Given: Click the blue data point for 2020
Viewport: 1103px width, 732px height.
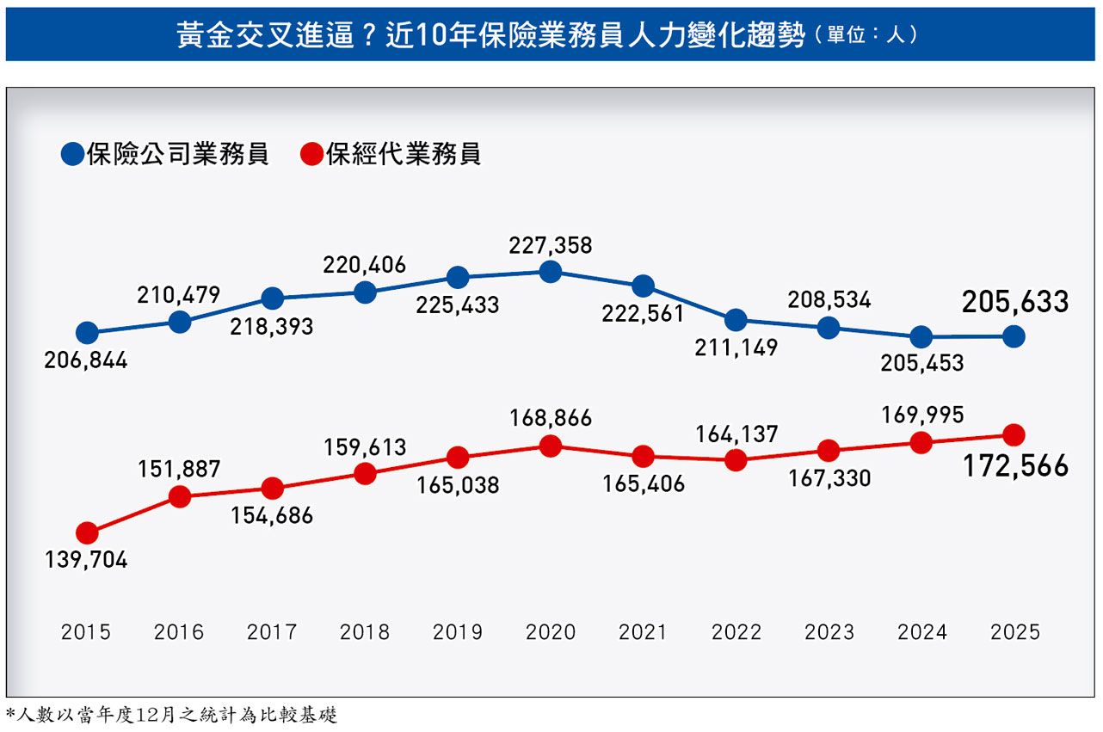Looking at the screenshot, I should pyautogui.click(x=551, y=272).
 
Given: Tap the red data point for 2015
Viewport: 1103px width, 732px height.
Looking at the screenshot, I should pyautogui.click(x=87, y=533).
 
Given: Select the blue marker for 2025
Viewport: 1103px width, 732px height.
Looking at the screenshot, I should pyautogui.click(x=1014, y=336).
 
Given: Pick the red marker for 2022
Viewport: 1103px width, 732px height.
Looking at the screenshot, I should pyautogui.click(x=736, y=460).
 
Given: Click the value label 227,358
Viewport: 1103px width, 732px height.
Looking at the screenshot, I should pyautogui.click(x=551, y=246).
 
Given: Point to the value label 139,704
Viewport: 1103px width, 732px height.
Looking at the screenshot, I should pyautogui.click(x=86, y=560).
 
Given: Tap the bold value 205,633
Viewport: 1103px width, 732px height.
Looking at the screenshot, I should pyautogui.click(x=1015, y=302).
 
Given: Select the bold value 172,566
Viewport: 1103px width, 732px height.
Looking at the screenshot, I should pyautogui.click(x=1015, y=466).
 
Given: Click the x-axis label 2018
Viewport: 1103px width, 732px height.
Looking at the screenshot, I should pyautogui.click(x=365, y=632).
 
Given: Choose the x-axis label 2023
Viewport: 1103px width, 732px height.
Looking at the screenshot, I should pyautogui.click(x=829, y=632).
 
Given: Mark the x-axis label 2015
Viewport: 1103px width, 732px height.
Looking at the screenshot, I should pyautogui.click(x=86, y=632).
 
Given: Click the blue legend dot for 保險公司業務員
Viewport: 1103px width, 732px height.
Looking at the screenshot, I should pyautogui.click(x=72, y=155).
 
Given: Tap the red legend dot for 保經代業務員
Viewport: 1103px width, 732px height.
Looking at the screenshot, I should pyautogui.click(x=312, y=155).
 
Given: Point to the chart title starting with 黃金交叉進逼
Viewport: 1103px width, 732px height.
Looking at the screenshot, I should pyautogui.click(x=490, y=36).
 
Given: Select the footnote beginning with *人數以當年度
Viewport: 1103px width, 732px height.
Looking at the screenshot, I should pyautogui.click(x=172, y=715).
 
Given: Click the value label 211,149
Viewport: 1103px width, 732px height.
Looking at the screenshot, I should pyautogui.click(x=736, y=348).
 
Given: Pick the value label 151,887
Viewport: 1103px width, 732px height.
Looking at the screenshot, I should pyautogui.click(x=179, y=470).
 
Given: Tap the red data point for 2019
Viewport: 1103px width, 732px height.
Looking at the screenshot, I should pyautogui.click(x=458, y=458).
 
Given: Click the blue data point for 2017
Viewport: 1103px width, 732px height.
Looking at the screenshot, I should pyautogui.click(x=272, y=298).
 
